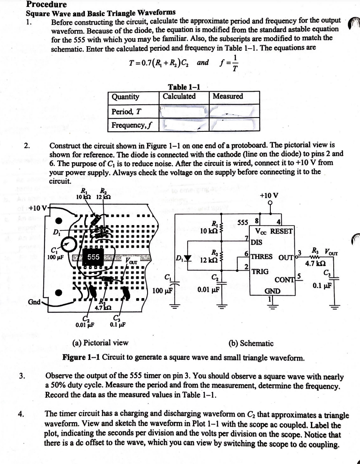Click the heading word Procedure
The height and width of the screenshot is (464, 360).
[x=47, y=4]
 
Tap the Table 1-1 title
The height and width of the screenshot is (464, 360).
[x=184, y=87]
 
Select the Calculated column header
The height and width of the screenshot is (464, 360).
[x=179, y=97]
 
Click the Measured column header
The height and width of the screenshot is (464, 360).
[x=228, y=97]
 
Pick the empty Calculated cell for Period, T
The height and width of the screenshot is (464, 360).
[x=184, y=111]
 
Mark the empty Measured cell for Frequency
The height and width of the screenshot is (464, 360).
[x=235, y=125]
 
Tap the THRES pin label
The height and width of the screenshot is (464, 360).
[x=263, y=256]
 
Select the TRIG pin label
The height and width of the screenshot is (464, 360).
[x=260, y=271]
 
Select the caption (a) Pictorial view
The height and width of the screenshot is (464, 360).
[x=100, y=343]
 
